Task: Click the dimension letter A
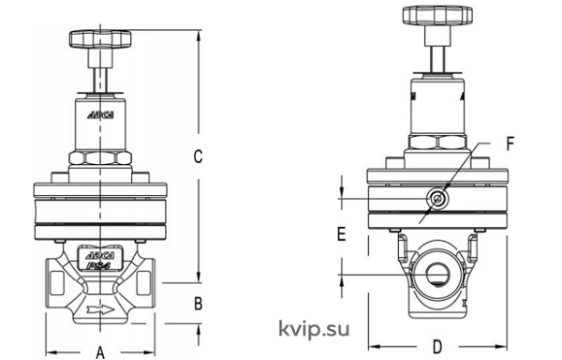101,352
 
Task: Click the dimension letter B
198,304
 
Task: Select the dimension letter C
198,157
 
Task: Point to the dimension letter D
437,347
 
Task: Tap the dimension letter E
342,233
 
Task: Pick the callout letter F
510,143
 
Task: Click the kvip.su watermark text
314,329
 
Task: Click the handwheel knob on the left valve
100,39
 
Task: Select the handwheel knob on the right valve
437,15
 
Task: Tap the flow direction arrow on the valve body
100,309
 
